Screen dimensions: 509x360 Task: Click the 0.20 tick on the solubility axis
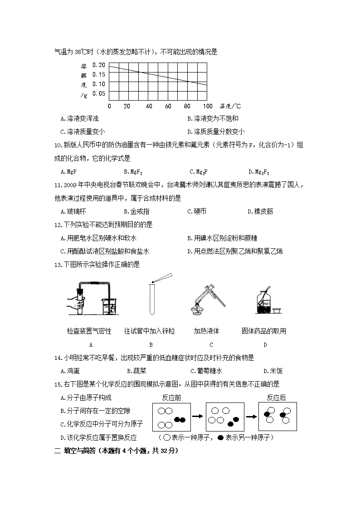click(x=99, y=64)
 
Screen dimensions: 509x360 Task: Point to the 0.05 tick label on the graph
click(x=99, y=93)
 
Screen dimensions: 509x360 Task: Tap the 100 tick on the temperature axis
click(x=207, y=106)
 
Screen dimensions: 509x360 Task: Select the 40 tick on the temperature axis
click(x=149, y=106)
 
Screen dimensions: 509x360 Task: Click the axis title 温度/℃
click(x=230, y=106)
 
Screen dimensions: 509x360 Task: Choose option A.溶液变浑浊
click(x=79, y=119)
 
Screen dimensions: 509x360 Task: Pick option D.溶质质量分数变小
click(x=216, y=132)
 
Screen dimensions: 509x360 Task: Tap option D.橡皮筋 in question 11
click(x=260, y=211)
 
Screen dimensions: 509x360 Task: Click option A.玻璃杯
click(x=73, y=211)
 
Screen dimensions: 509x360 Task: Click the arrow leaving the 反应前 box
click(x=197, y=415)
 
